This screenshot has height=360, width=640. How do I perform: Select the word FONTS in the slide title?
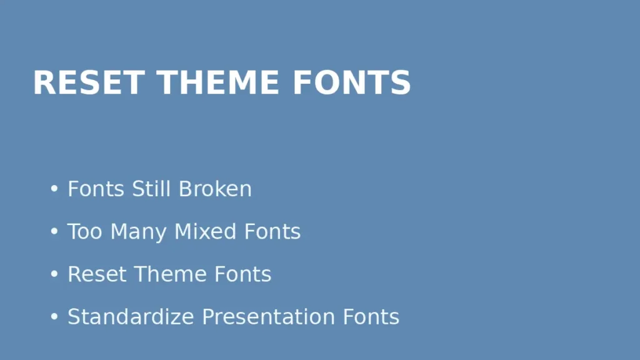351,83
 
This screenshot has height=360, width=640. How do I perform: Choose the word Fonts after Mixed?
272,231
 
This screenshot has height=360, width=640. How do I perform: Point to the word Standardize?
131,317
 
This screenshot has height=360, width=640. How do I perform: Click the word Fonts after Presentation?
371,317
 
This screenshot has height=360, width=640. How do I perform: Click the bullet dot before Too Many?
54,232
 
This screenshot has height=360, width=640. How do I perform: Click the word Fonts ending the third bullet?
243,274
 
